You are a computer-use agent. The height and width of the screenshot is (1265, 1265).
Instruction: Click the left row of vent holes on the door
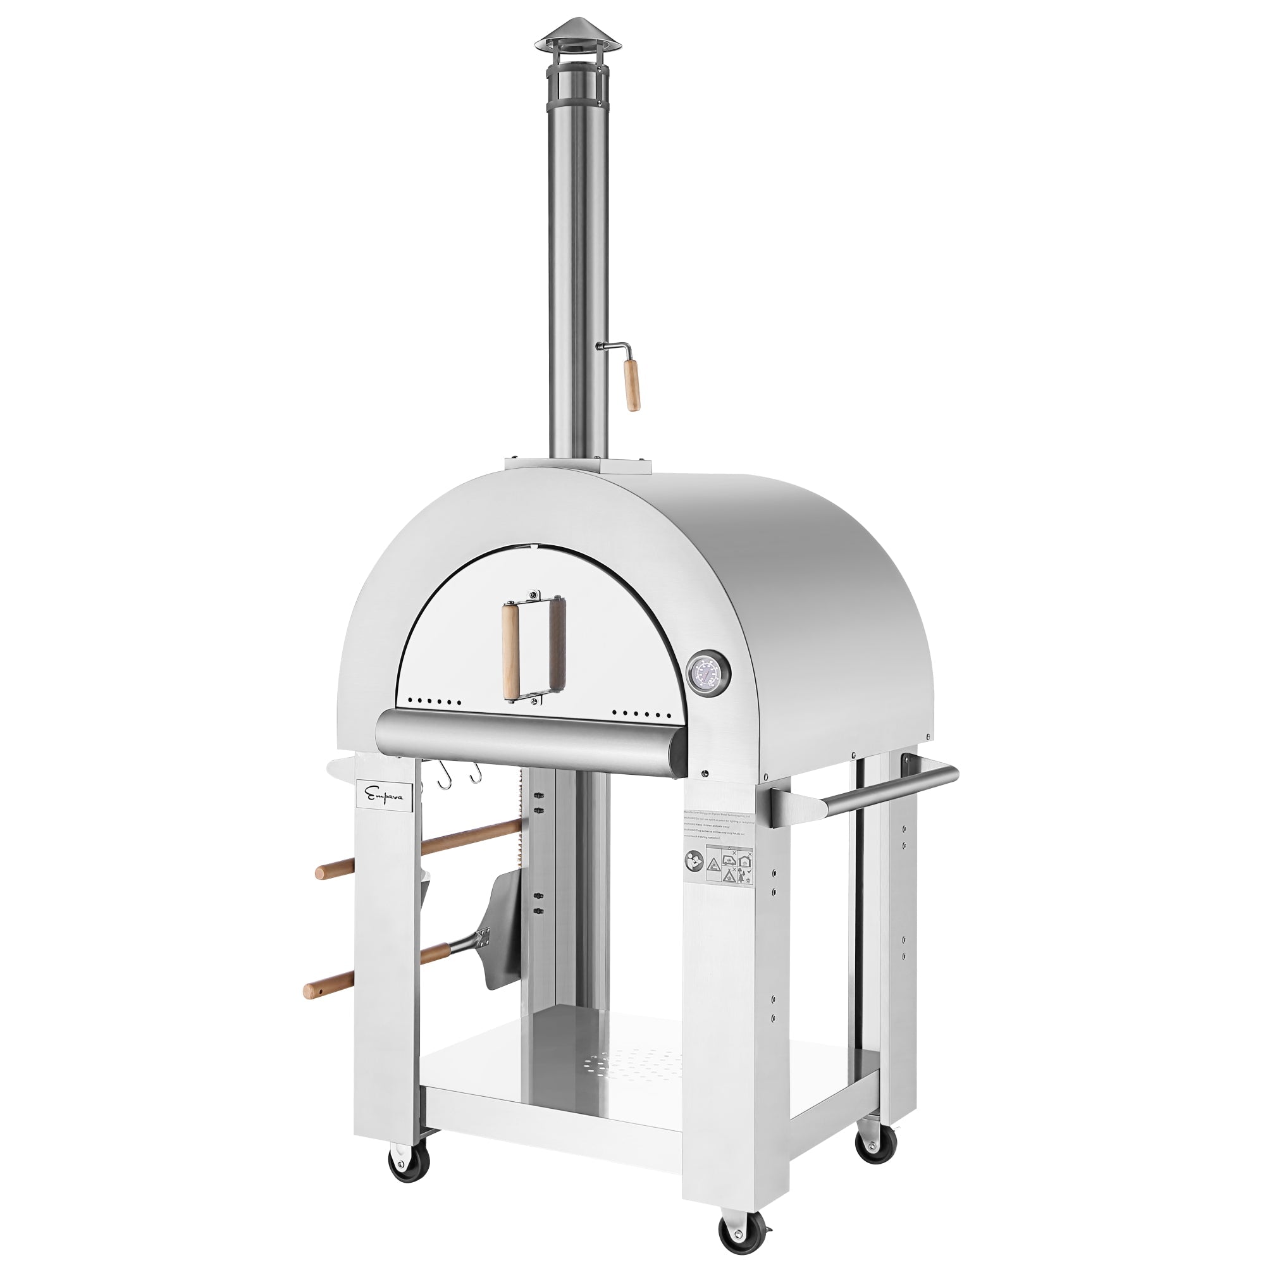click(434, 701)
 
